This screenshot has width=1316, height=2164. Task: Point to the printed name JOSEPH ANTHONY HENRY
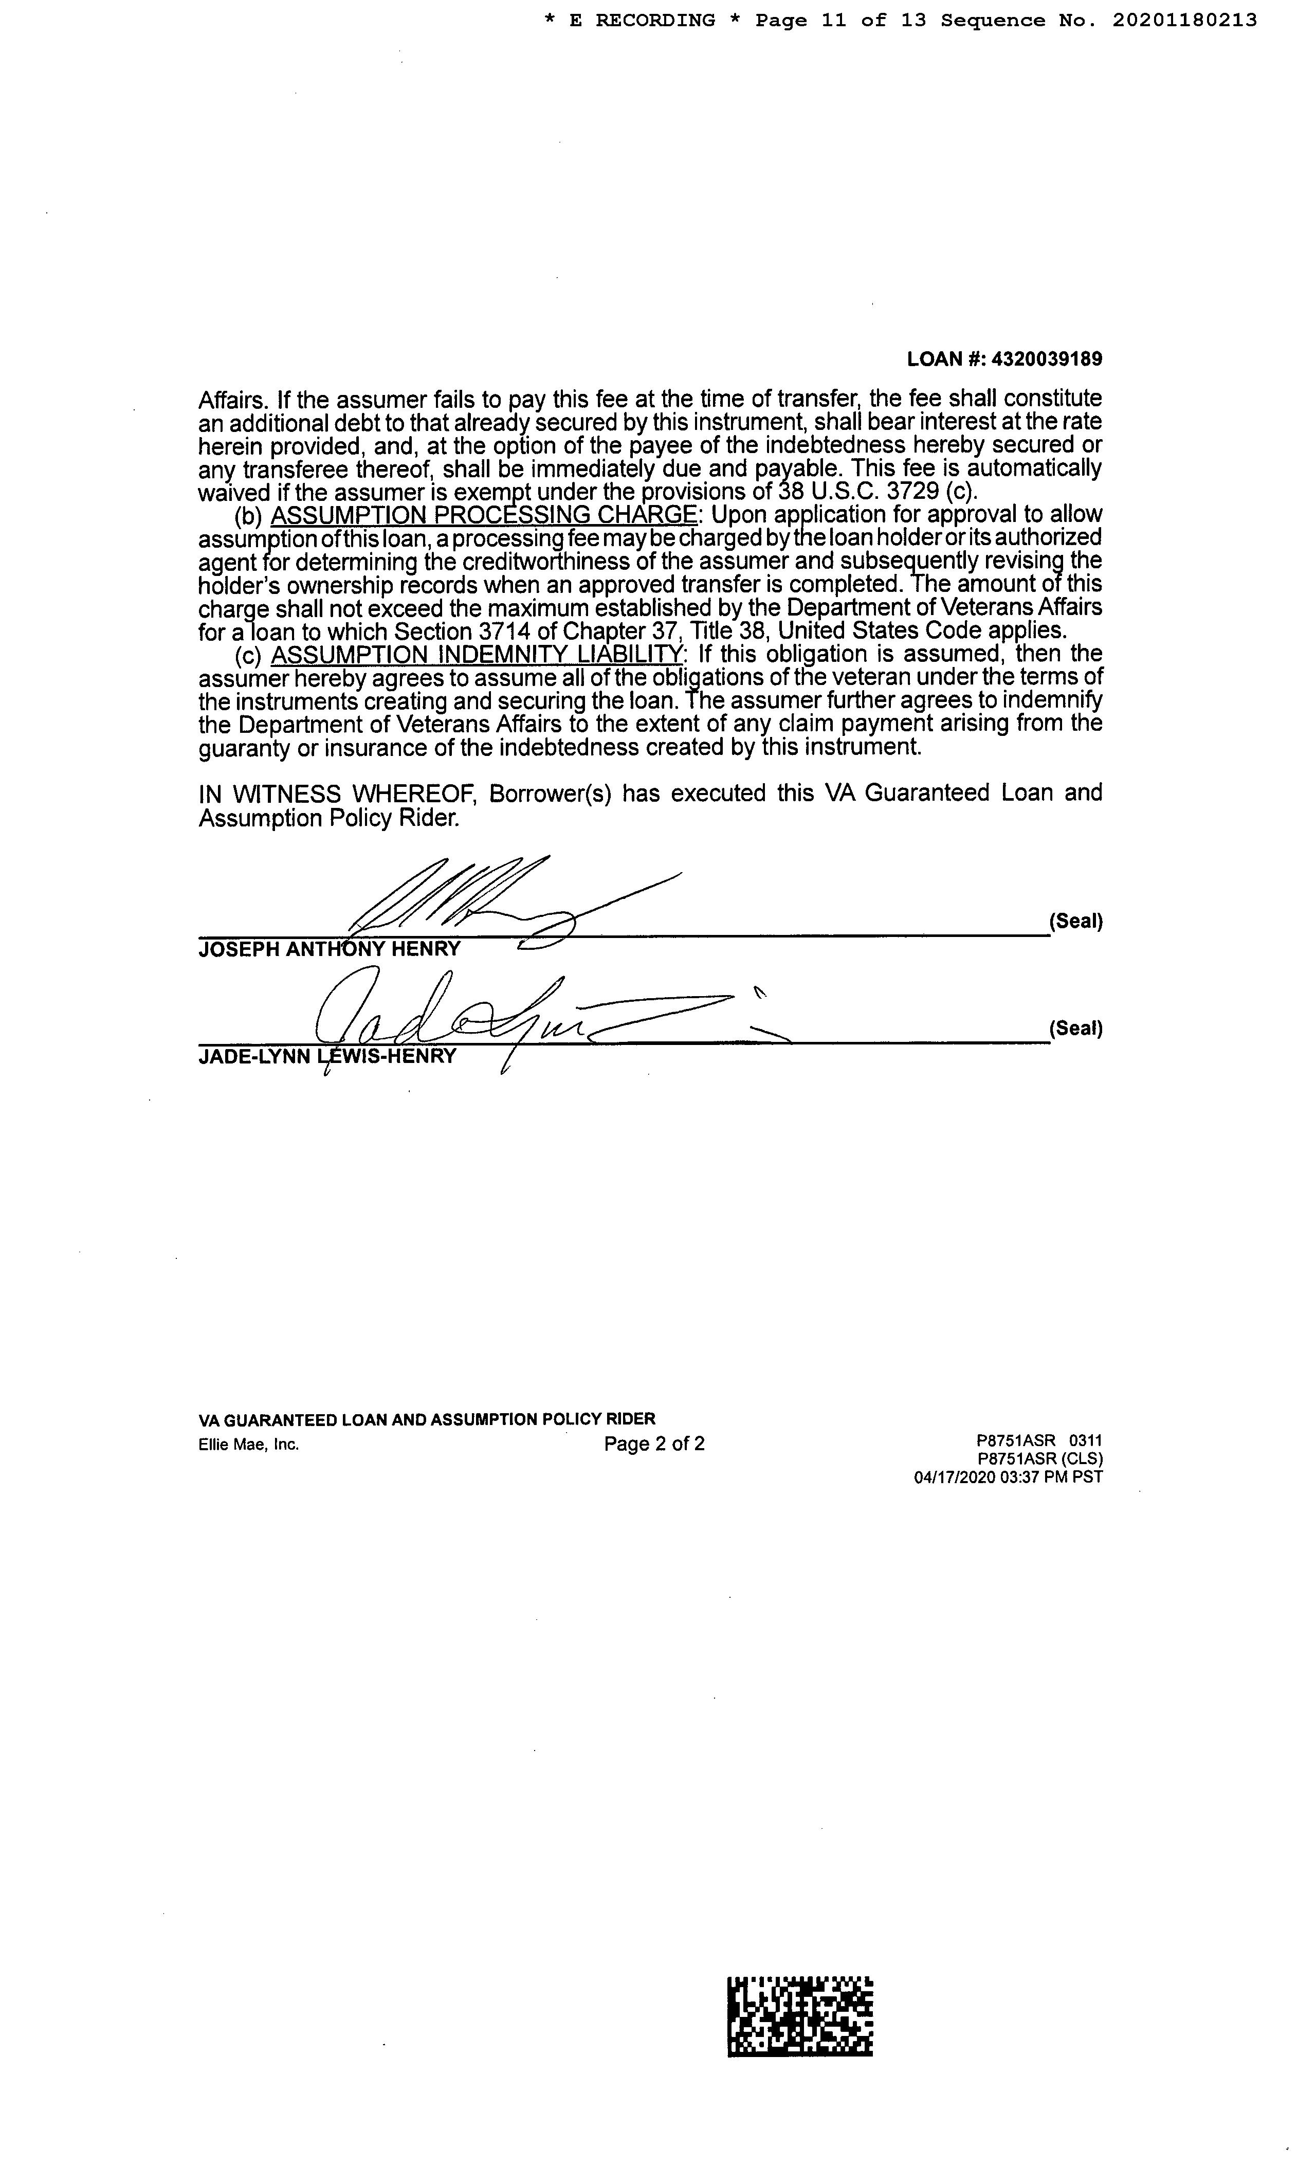pyautogui.click(x=329, y=949)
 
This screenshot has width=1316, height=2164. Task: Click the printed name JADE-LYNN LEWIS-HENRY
pyautogui.click(x=327, y=1056)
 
